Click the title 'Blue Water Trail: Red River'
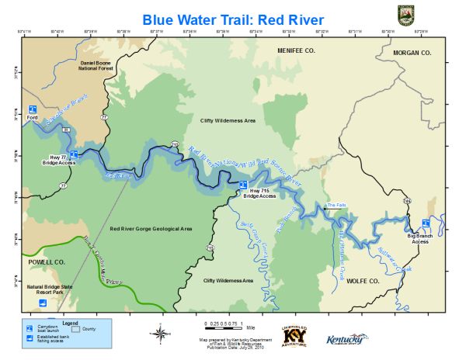click(232, 17)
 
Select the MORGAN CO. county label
click(412, 53)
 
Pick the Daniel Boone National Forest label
click(96, 65)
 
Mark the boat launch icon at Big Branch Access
click(426, 224)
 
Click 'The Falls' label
click(336, 205)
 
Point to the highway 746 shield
click(406, 200)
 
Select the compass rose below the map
click(159, 334)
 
